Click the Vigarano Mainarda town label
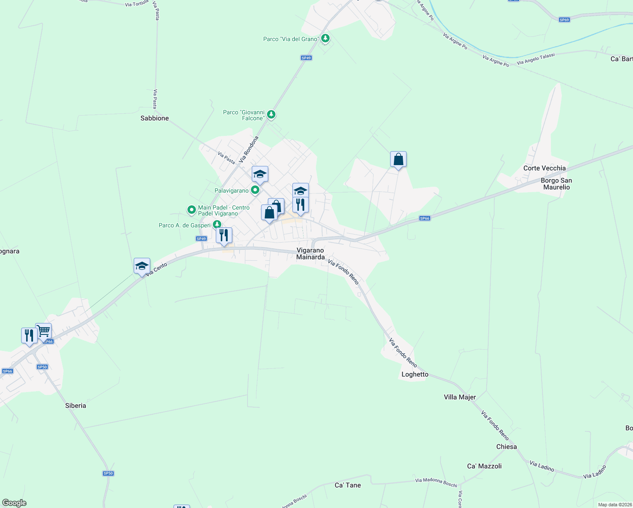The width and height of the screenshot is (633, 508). click(x=311, y=254)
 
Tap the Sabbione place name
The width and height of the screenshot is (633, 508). click(x=154, y=118)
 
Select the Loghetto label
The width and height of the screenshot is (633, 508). click(x=415, y=374)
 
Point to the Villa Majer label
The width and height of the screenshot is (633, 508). click(x=460, y=397)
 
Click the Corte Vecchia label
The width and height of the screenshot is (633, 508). click(x=544, y=168)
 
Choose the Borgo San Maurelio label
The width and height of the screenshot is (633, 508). click(x=556, y=184)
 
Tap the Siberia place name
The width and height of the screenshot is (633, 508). click(x=76, y=406)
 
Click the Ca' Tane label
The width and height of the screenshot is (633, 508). click(x=348, y=485)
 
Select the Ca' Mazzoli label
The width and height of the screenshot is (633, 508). click(x=484, y=466)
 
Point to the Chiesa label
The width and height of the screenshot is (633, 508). click(x=506, y=447)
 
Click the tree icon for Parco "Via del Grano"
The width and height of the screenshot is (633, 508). click(x=325, y=39)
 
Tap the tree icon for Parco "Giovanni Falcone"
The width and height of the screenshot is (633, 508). click(x=271, y=114)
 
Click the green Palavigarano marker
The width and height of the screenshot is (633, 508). click(x=255, y=190)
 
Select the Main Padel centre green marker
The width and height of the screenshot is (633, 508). click(x=192, y=209)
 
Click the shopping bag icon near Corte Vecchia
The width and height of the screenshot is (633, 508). click(x=398, y=159)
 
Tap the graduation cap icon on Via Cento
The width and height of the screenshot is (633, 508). click(x=142, y=266)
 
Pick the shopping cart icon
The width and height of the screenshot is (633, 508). click(x=44, y=331)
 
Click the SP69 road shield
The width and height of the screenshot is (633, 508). click(x=564, y=20)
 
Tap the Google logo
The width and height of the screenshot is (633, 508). click(x=14, y=503)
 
